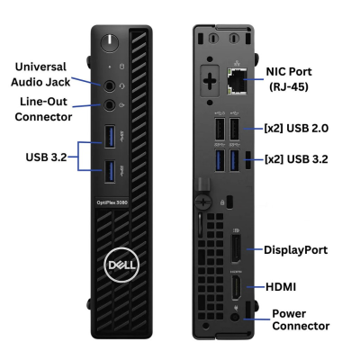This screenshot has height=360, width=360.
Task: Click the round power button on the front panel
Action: pos(110,42)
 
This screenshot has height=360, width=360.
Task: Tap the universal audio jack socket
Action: pos(110,86)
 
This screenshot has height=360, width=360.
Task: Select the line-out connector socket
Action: pos(110,105)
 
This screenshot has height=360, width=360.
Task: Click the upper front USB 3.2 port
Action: pos(110,137)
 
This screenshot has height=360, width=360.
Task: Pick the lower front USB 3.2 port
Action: pos(110,171)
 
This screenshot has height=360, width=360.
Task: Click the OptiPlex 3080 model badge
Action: pos(112,202)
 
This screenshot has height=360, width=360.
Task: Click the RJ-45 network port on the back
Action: pos(237,80)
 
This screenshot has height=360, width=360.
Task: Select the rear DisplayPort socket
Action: pos(236,249)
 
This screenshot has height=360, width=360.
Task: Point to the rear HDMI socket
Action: pos(236,287)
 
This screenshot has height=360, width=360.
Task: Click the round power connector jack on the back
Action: pos(236,318)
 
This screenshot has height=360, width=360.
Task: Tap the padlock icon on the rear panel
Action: pos(222,202)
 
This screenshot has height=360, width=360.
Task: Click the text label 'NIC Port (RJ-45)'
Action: pos(289,79)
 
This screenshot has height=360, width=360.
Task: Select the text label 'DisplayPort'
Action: pos(295,250)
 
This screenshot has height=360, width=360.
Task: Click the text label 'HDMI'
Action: pos(281,287)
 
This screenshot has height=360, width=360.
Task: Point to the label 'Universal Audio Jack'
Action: pos(40,75)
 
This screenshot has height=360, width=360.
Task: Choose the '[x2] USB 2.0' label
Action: pos(296,128)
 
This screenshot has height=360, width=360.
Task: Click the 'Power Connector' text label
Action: pos(301,319)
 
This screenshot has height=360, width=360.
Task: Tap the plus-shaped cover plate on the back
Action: pos(210,80)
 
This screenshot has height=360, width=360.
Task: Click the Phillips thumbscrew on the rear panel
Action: pos(203,202)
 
